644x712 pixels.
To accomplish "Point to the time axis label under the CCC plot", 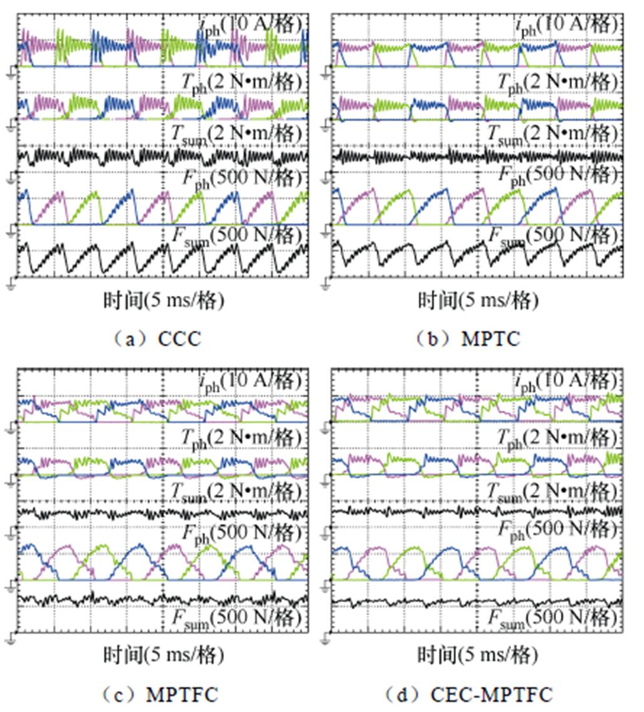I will (x=164, y=301).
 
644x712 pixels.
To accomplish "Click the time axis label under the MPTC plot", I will (x=478, y=301).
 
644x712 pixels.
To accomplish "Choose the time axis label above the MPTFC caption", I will (x=164, y=656).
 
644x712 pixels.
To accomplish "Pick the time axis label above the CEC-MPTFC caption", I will (x=478, y=656).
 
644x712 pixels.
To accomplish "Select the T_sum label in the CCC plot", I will (x=238, y=133).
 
